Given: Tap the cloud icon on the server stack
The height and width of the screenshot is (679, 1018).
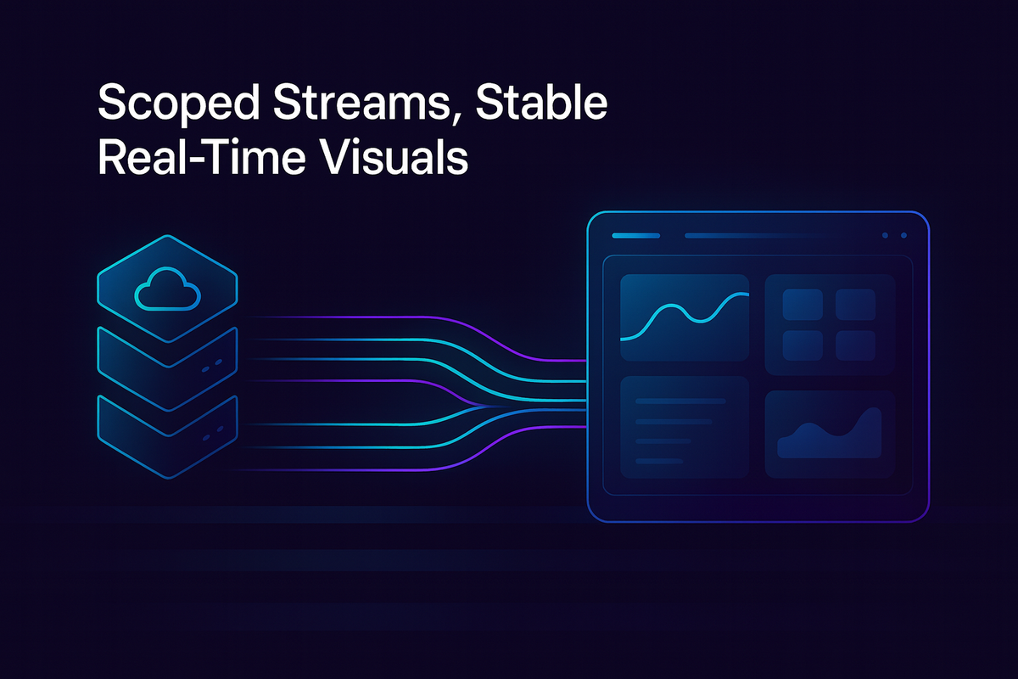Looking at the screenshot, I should coord(167,292).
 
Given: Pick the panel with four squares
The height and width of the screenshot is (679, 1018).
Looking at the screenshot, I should coord(830,323).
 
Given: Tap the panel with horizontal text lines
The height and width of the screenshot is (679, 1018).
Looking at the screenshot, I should coord(685,429).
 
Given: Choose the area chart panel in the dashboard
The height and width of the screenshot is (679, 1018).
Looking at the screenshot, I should coord(830,433).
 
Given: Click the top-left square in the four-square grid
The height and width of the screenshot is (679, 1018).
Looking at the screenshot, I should coord(803,304).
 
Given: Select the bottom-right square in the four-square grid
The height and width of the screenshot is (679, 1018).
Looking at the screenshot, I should coord(855,345).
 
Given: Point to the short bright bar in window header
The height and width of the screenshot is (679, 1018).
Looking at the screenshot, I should coord(635,235).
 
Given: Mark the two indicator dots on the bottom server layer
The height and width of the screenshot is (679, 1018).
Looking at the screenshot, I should coord(212,434).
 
